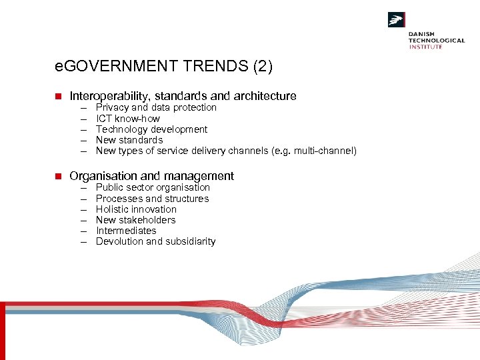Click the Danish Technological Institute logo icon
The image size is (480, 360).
pos(397,20)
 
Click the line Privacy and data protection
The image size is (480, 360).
pos(156,107)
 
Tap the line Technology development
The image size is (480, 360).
pos(151,129)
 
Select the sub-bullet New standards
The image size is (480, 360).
pos(129,140)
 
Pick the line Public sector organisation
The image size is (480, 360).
pos(153,187)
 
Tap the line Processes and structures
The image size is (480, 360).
pos(152,199)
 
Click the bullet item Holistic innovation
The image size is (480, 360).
pos(136,209)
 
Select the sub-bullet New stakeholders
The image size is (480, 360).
pos(135,220)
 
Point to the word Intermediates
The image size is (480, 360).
pos(126,231)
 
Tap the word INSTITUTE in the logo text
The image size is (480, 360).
pos(425,47)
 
